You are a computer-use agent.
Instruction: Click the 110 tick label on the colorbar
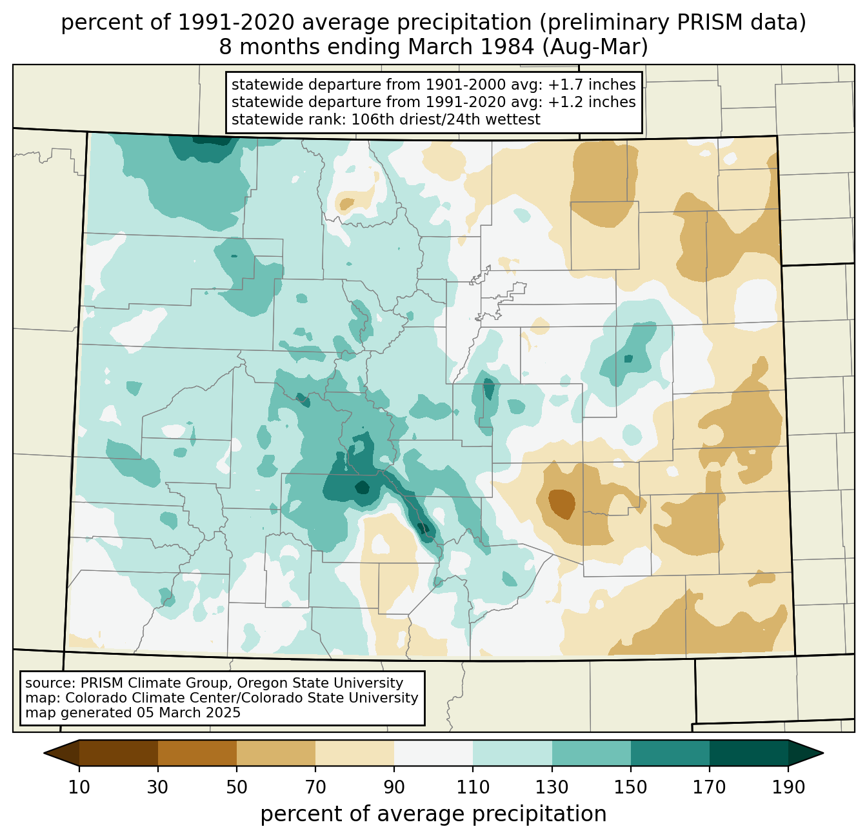pyautogui.click(x=473, y=787)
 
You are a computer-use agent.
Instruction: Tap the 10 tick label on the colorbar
pyautogui.click(x=79, y=787)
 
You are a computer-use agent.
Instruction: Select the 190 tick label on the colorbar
pyautogui.click(x=788, y=787)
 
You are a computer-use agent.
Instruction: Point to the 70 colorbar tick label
pyautogui.click(x=315, y=787)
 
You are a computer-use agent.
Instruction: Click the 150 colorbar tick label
pyautogui.click(x=630, y=787)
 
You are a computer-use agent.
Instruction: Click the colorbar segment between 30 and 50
pyautogui.click(x=197, y=753)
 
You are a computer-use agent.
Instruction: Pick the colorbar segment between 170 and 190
pyautogui.click(x=748, y=753)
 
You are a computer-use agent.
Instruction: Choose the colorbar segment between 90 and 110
pyautogui.click(x=433, y=753)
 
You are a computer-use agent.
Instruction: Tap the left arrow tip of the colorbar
pyautogui.click(x=44, y=753)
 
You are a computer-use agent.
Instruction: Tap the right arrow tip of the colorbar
pyautogui.click(x=823, y=753)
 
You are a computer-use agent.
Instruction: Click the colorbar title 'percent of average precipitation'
pyautogui.click(x=433, y=814)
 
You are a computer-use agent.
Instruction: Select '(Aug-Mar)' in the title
pyautogui.click(x=595, y=47)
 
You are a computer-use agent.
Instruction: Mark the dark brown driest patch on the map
pyautogui.click(x=562, y=503)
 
